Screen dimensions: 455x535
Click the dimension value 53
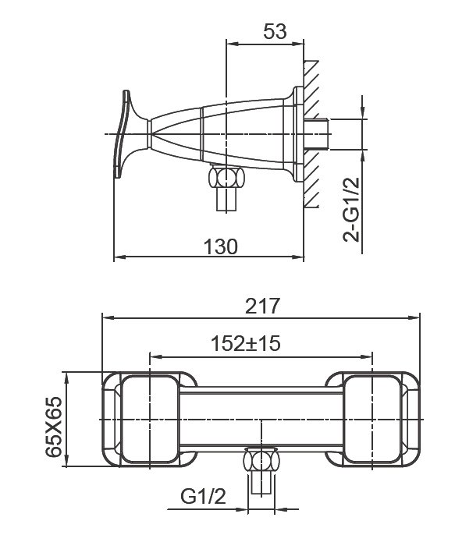point(275,31)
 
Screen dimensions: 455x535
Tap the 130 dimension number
point(220,246)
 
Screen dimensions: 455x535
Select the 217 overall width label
point(262,306)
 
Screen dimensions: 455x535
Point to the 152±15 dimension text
point(246,343)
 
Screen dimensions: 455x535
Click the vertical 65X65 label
point(54,427)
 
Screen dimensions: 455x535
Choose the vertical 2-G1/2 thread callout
point(351,210)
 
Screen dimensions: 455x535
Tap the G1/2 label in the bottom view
point(204,497)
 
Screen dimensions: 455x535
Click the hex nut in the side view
point(226,177)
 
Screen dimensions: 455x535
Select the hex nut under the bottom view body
point(261,461)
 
